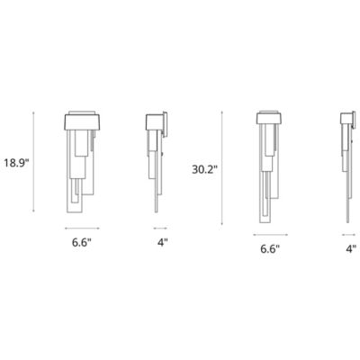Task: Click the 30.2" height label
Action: click(x=206, y=167)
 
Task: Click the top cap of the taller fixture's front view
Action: click(x=270, y=117)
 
